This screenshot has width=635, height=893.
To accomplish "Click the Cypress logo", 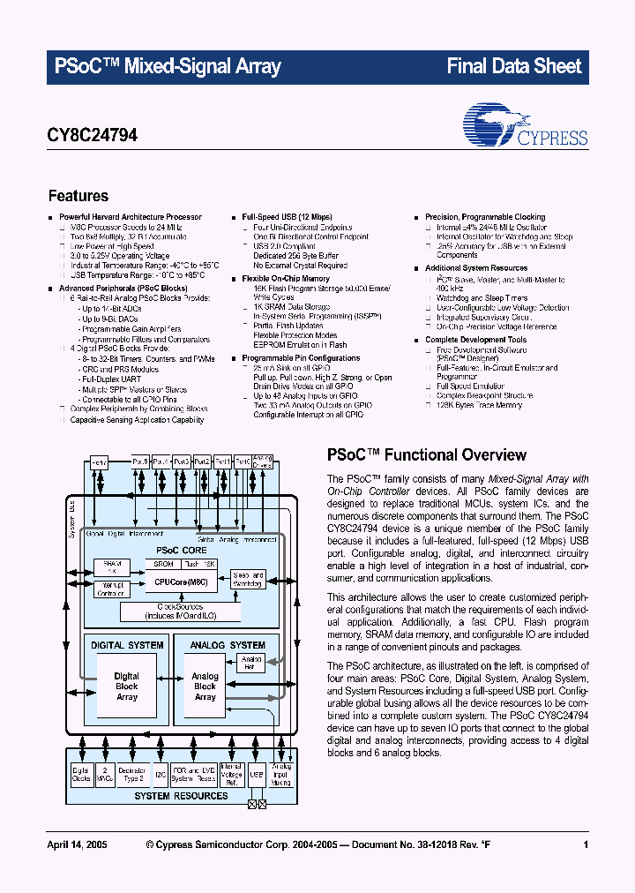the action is (525, 127).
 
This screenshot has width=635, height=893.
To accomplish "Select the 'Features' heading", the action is (78, 196).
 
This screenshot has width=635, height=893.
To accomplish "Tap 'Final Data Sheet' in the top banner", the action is (514, 66).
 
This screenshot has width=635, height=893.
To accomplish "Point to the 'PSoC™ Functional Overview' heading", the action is (427, 455).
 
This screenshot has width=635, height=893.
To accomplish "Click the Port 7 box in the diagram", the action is (98, 462).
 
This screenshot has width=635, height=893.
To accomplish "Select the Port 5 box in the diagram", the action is (140, 462).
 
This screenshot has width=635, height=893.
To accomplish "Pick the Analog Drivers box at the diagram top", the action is (262, 462).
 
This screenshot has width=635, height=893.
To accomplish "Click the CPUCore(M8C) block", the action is (180, 582).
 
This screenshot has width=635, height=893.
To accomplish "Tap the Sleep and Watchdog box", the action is (248, 579).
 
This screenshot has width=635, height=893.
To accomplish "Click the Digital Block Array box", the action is (127, 687).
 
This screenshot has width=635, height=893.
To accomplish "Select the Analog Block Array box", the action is (205, 687).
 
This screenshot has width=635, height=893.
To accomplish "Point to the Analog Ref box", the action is (251, 662).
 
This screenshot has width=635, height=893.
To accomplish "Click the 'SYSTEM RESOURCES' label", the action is (181, 796).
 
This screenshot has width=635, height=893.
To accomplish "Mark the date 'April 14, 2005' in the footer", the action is (77, 845).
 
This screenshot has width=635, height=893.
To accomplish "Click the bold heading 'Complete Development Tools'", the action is (475, 340).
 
